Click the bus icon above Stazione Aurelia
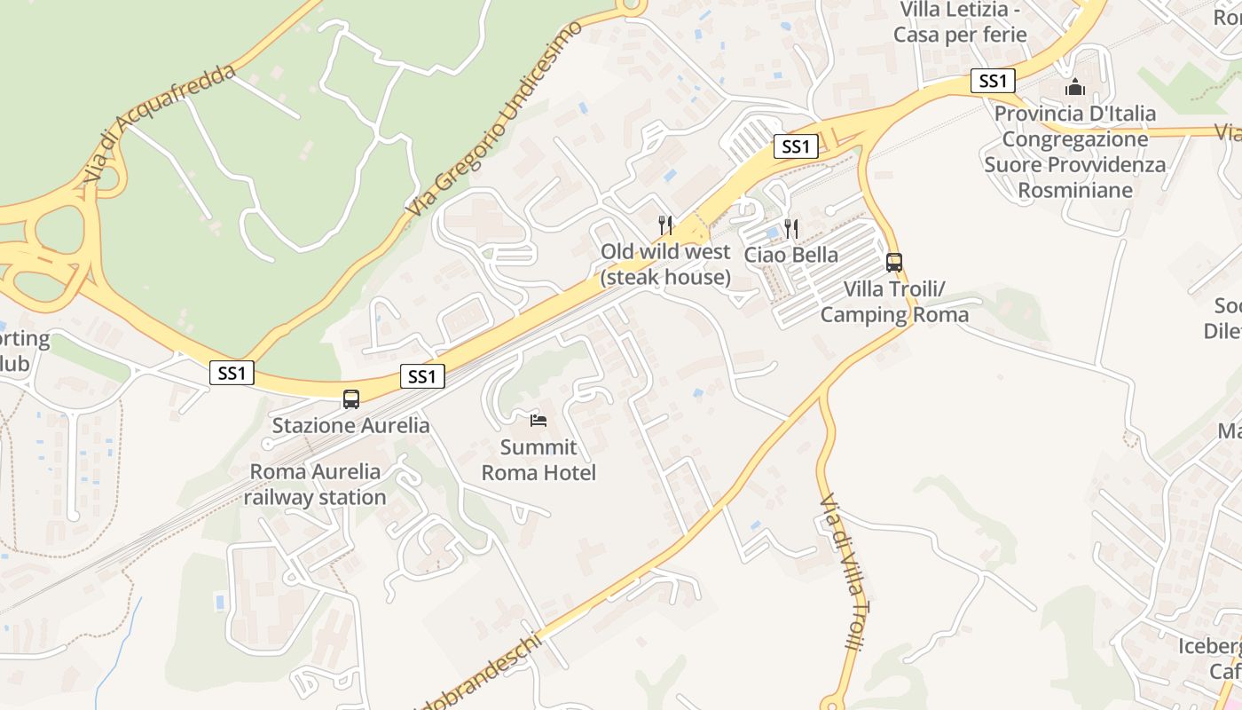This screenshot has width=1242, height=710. point(351,399)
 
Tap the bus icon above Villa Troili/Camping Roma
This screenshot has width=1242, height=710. point(894,263)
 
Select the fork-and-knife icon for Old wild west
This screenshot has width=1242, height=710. point(665,225)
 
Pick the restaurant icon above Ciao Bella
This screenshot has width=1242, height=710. point(790,229)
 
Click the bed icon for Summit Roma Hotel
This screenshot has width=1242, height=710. point(538,421)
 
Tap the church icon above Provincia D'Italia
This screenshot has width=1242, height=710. point(1075,87)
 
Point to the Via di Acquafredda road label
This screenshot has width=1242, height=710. point(161,123)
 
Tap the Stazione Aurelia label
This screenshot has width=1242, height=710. point(350,425)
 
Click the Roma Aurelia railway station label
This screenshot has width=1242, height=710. point(315,485)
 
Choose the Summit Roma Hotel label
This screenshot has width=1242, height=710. point(538,460)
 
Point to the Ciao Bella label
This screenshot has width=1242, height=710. point(790,255)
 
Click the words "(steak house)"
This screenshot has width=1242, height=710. point(665,278)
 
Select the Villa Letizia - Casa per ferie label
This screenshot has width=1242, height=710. point(960,22)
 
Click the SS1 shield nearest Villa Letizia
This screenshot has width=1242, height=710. point(992,81)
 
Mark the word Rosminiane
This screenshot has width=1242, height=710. point(1075,190)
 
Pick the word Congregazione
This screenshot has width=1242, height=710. point(1075,139)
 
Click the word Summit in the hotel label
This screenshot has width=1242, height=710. point(538,447)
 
